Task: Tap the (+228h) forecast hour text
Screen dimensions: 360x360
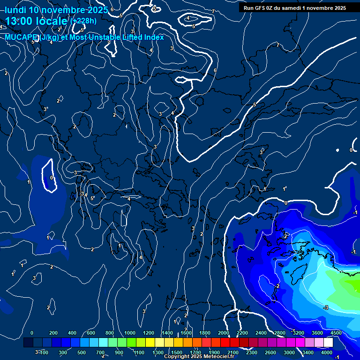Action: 83,21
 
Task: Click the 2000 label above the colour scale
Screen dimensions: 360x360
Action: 224,333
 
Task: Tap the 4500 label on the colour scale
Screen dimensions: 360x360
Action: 336,333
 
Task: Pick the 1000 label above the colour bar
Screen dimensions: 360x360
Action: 130,333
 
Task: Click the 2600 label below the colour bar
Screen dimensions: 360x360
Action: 270,352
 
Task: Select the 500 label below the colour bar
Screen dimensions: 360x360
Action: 82,352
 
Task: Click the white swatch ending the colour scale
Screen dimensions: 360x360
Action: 328,343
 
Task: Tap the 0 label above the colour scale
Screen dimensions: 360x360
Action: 32,333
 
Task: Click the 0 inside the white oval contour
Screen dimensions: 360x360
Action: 52,178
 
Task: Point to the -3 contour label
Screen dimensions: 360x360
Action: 326,307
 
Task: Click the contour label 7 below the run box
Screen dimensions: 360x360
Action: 277,45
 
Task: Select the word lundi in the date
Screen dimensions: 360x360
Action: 15,10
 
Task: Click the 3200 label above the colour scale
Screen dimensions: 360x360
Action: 298,333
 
